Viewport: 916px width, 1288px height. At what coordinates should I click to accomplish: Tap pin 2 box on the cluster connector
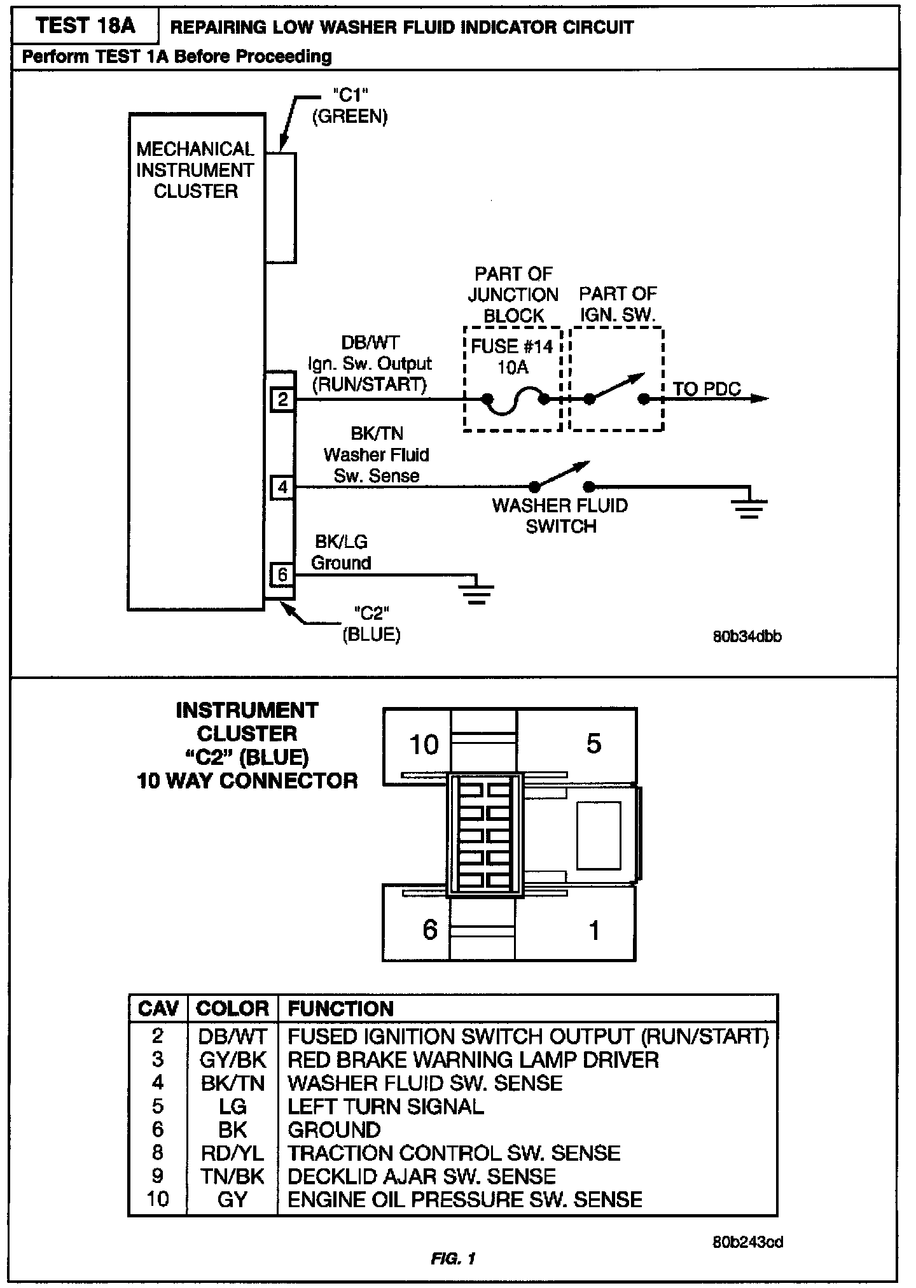pyautogui.click(x=282, y=399)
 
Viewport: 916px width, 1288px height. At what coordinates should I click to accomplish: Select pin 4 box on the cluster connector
pyautogui.click(x=282, y=487)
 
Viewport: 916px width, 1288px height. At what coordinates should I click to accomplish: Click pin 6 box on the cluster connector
pyautogui.click(x=282, y=575)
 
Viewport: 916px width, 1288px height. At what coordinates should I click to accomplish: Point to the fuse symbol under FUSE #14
pyautogui.click(x=515, y=402)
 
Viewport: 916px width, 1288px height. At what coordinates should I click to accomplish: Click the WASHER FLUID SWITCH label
pyautogui.click(x=560, y=516)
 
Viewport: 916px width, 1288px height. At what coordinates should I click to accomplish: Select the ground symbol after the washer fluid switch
pyautogui.click(x=749, y=505)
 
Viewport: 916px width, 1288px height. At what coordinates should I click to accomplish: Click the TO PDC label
pyautogui.click(x=706, y=389)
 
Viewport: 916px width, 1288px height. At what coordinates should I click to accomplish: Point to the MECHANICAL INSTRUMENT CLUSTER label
pyautogui.click(x=195, y=170)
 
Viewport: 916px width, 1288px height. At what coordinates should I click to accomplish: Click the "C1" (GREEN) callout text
pyautogui.click(x=350, y=106)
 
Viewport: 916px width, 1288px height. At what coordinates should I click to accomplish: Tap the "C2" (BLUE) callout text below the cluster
pyautogui.click(x=371, y=624)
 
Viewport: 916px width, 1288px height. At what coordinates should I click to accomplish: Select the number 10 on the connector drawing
pyautogui.click(x=424, y=744)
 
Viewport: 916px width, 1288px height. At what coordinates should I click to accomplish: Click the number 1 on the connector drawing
pyautogui.click(x=594, y=930)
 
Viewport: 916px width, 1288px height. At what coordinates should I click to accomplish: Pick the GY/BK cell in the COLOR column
pyautogui.click(x=232, y=1060)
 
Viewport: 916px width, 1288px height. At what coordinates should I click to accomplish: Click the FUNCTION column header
pyautogui.click(x=340, y=1008)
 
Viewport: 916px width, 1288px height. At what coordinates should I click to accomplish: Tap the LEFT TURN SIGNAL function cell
pyautogui.click(x=385, y=1106)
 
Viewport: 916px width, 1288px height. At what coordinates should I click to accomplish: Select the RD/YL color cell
pyautogui.click(x=232, y=1152)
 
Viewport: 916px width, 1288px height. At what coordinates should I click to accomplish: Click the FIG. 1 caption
pyautogui.click(x=453, y=1258)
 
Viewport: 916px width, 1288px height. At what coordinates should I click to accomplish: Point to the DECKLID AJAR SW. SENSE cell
pyautogui.click(x=422, y=1176)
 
